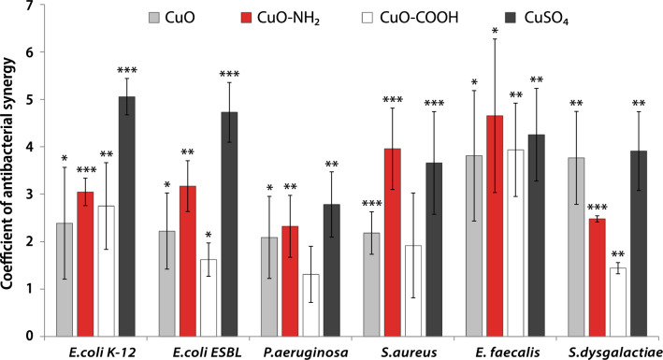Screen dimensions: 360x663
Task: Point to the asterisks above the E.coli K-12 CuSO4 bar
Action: pos(125,70)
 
